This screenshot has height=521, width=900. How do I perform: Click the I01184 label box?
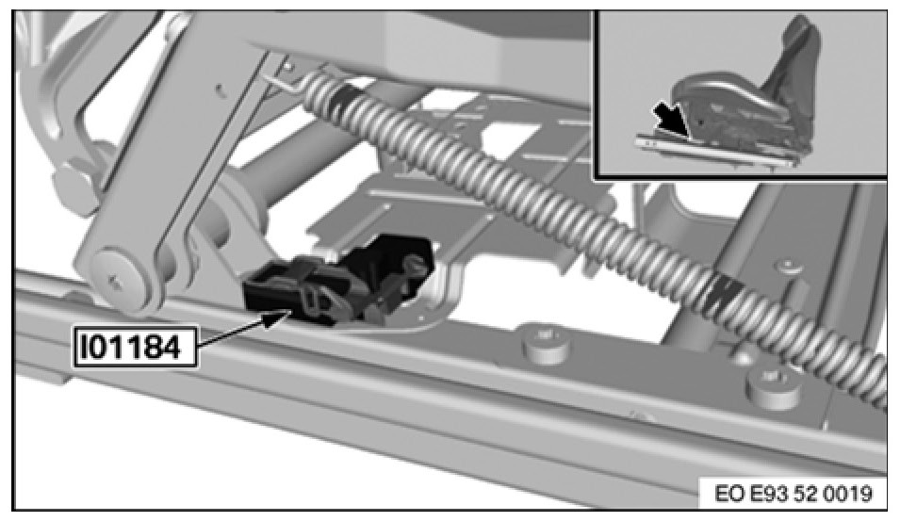coord(135,347)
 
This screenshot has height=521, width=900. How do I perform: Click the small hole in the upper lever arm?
coord(220,88)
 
